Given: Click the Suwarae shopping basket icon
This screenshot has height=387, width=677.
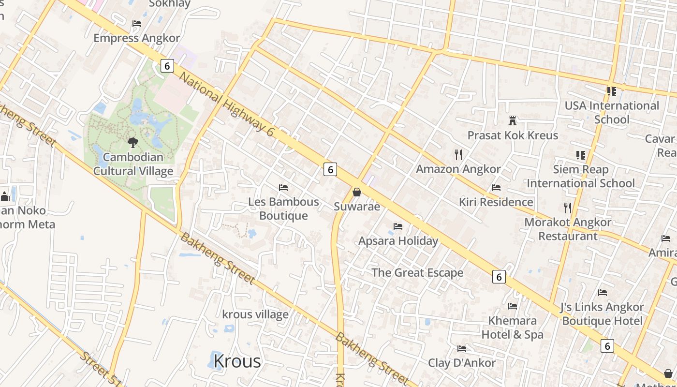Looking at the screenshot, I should point(357,192).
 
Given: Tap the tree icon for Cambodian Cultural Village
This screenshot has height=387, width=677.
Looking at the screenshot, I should point(133,142).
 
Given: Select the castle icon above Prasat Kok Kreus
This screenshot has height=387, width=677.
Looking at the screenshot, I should point(513,120).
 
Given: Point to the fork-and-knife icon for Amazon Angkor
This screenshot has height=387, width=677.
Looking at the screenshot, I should point(458,155).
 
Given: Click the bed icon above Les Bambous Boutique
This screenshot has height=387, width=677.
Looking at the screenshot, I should point(283,187).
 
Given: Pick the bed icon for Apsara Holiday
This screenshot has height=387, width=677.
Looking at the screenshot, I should point(398,226).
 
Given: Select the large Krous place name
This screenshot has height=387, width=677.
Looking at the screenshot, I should point(237,361).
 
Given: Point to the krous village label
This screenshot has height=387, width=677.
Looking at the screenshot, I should point(255,314).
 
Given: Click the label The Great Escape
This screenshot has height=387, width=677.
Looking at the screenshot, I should point(417,272).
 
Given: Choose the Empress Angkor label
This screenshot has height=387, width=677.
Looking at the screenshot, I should point(136,38).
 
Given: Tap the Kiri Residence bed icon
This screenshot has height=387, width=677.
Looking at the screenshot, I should point(496,187).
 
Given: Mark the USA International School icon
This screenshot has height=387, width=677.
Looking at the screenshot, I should point(612,91).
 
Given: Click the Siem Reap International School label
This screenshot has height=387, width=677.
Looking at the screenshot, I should point(581,177).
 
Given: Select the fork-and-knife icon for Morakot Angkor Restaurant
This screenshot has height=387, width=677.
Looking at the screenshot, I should point(568,208).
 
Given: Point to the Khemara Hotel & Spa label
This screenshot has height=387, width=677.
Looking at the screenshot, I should point(513,327).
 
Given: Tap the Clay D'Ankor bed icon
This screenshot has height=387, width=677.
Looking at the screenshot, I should point(462,348).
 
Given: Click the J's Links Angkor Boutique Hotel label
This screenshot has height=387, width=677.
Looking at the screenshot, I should point(602,314).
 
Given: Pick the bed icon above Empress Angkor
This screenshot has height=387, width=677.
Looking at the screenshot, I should point(137,23).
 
